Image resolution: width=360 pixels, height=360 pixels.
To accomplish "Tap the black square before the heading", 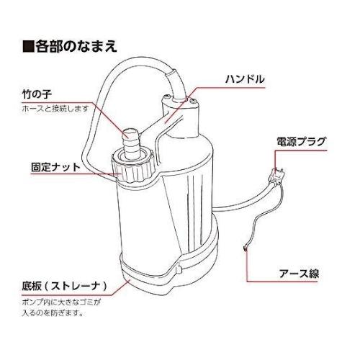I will tap(28, 47).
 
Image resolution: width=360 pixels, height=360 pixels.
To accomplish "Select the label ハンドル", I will tap(245, 78).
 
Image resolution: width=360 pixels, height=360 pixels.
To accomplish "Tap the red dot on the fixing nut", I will tap(118, 172).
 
